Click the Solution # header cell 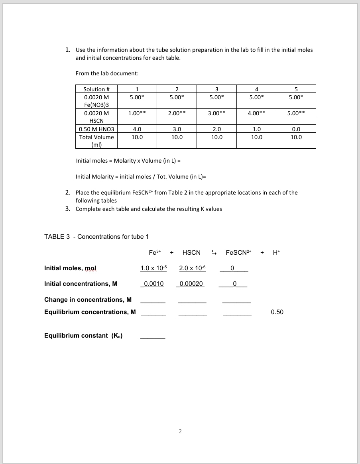click(x=94, y=89)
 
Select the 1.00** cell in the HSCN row click(x=137, y=113)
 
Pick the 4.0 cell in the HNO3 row click(x=137, y=129)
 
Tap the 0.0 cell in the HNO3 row click(x=296, y=129)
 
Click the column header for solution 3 click(x=216, y=89)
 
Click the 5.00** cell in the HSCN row click(x=296, y=113)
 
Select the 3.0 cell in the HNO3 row click(x=177, y=129)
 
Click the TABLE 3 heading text click(x=96, y=237)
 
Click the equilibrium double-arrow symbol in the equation click(x=214, y=253)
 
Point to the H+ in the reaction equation click(x=276, y=252)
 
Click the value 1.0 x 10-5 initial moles click(x=153, y=268)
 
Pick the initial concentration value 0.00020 click(x=191, y=284)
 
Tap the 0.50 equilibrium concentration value click(x=277, y=312)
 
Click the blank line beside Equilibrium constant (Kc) click(x=152, y=336)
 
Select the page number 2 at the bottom click(x=180, y=431)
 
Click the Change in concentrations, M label click(x=88, y=300)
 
